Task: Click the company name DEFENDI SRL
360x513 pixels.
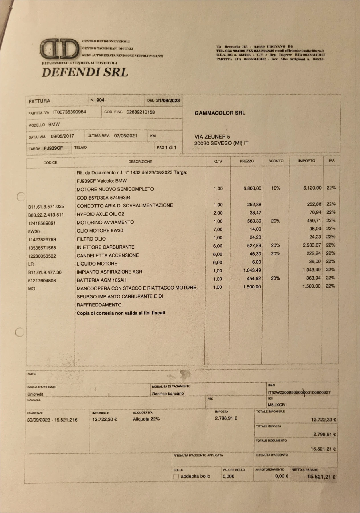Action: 85,72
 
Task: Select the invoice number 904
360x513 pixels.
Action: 100,100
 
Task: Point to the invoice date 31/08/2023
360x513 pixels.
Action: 168,100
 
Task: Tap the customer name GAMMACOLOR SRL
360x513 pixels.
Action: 220,113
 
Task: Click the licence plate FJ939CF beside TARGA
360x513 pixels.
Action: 53,148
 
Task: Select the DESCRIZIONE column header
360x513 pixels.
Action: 140,162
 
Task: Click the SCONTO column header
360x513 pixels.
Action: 276,161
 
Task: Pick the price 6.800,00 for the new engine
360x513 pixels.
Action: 252,188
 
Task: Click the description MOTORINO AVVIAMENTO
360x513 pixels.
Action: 105,222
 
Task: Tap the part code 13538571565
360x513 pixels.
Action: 42,248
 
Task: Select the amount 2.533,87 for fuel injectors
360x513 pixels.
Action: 312,245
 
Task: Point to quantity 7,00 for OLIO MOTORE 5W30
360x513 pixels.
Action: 218,229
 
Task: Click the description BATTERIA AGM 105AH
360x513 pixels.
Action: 101,280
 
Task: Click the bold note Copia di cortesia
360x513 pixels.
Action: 121,313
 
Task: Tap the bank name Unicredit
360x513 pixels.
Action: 35,394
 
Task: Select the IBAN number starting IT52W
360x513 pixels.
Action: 299,392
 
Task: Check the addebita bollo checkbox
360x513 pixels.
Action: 176,476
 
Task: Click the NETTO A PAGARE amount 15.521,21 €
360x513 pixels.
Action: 321,477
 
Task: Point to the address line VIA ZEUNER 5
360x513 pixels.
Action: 212,137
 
